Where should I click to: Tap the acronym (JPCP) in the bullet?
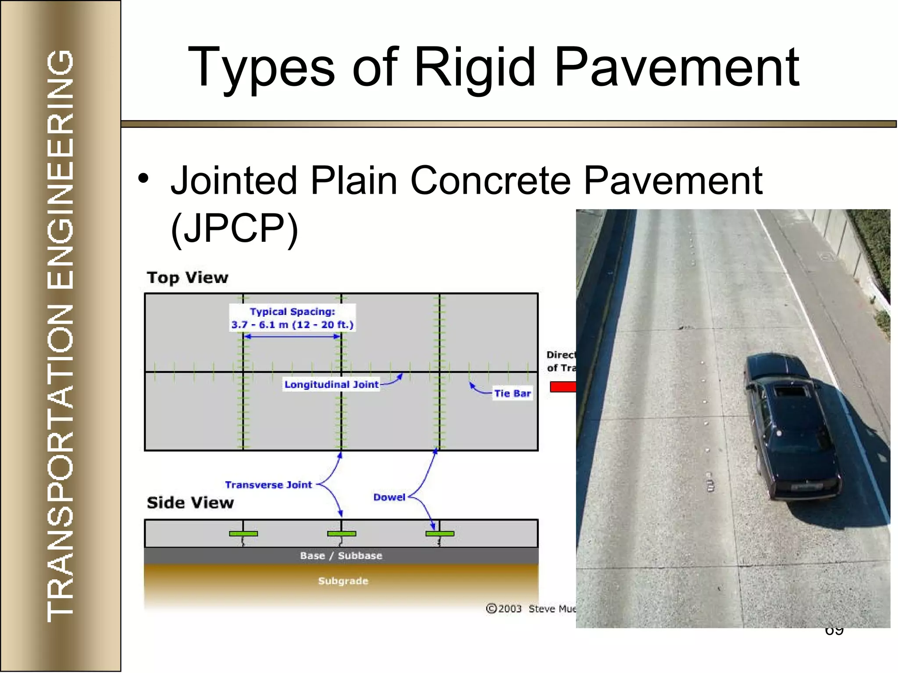tap(235, 228)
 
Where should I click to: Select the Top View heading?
tap(188, 278)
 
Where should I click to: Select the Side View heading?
tap(190, 503)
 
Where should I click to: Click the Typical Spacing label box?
tap(292, 318)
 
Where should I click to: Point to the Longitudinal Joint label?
tap(331, 385)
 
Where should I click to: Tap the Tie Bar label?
tap(512, 393)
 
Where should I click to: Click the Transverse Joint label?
tap(268, 485)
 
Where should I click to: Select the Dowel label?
tap(389, 497)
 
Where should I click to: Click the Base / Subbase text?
tap(341, 556)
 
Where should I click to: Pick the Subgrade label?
tap(343, 581)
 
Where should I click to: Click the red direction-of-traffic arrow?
tap(563, 387)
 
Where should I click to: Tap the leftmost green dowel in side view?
tap(243, 534)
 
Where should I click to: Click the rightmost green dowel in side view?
tap(440, 534)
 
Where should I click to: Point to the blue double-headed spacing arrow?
tap(292, 336)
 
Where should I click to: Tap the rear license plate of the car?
tap(806, 487)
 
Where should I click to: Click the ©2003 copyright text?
tap(504, 609)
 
